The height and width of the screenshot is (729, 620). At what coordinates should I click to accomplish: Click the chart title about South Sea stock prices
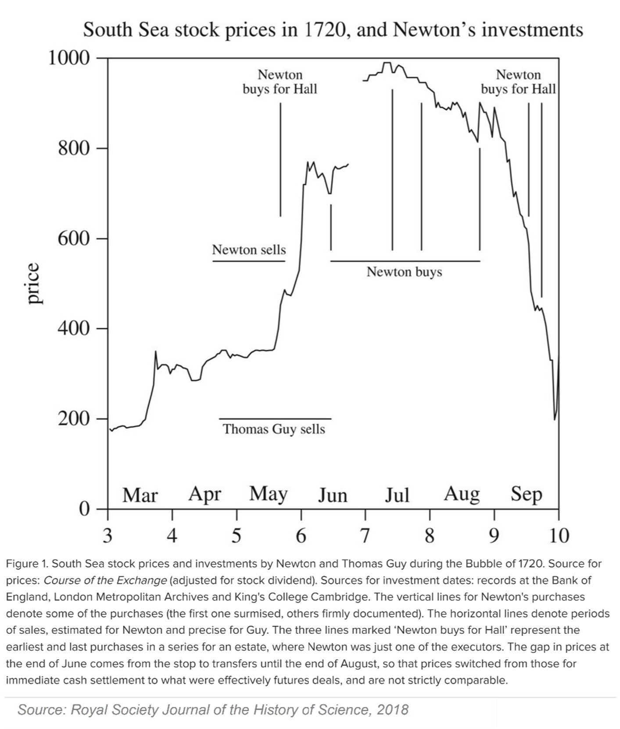pyautogui.click(x=333, y=30)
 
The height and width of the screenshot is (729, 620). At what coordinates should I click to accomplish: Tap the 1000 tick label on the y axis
pyautogui.click(x=69, y=58)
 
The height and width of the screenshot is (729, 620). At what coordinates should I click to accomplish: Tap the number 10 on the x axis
pyautogui.click(x=558, y=535)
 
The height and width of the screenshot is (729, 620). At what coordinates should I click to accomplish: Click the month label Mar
pyautogui.click(x=140, y=495)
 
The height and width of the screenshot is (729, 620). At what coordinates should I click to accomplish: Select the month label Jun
pyautogui.click(x=333, y=495)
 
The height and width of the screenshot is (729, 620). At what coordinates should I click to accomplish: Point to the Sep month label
pyautogui.click(x=526, y=494)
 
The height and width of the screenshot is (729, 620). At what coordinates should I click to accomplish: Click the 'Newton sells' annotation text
pyautogui.click(x=249, y=250)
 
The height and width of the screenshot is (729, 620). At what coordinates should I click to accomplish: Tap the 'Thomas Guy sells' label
pyautogui.click(x=274, y=429)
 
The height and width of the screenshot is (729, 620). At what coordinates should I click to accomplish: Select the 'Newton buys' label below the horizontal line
pyautogui.click(x=404, y=272)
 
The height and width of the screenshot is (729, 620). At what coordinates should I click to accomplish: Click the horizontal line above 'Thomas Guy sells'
pyautogui.click(x=275, y=419)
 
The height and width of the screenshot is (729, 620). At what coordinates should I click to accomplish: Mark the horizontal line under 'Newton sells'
pyautogui.click(x=249, y=261)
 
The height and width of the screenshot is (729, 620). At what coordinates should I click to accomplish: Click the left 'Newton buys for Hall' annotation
pyautogui.click(x=280, y=82)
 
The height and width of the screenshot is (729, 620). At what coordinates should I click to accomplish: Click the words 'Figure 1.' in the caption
pyautogui.click(x=27, y=563)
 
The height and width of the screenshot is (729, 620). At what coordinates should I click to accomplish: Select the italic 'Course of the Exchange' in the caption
pyautogui.click(x=105, y=580)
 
